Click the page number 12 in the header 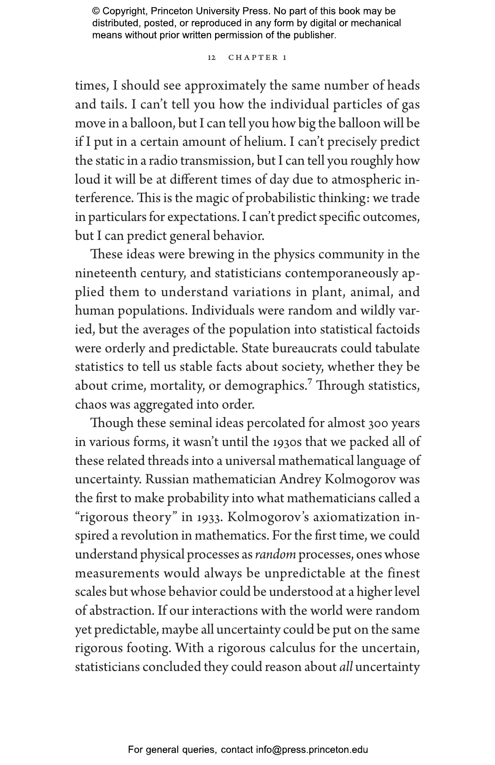click(x=211, y=58)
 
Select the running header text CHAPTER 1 click(x=257, y=58)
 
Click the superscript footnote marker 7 click(x=309, y=382)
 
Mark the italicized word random click(x=275, y=555)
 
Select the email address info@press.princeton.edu click(x=312, y=750)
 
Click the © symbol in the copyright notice click(x=96, y=11)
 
